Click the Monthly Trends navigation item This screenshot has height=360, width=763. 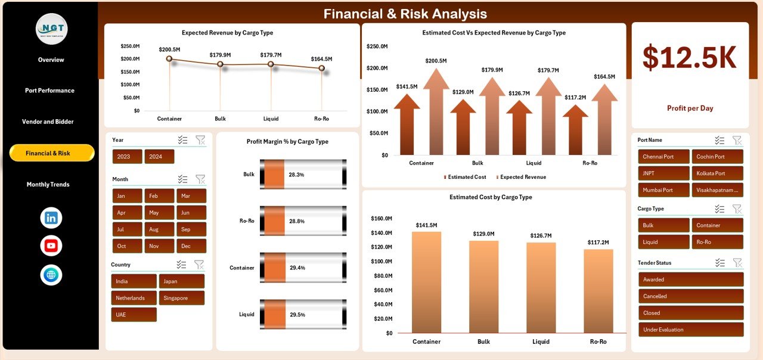tap(48, 185)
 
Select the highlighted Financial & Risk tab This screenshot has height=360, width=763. tap(52, 153)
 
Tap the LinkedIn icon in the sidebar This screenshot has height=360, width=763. tap(51, 218)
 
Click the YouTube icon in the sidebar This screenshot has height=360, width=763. tap(51, 246)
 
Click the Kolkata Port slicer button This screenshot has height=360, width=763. tap(717, 173)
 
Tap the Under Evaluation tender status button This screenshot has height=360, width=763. tap(691, 330)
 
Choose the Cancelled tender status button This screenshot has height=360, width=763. tap(691, 296)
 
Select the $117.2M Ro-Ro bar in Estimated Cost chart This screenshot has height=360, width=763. tap(598, 291)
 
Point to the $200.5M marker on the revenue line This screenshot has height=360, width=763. tap(169, 58)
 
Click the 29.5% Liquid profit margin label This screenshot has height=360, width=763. tap(297, 315)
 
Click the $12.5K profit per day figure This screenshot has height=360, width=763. tap(690, 58)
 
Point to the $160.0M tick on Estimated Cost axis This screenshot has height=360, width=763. tap(381, 219)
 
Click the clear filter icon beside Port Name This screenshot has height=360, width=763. tap(737, 141)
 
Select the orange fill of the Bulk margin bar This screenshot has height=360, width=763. tap(274, 175)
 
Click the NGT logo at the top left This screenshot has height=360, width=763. tap(52, 29)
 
